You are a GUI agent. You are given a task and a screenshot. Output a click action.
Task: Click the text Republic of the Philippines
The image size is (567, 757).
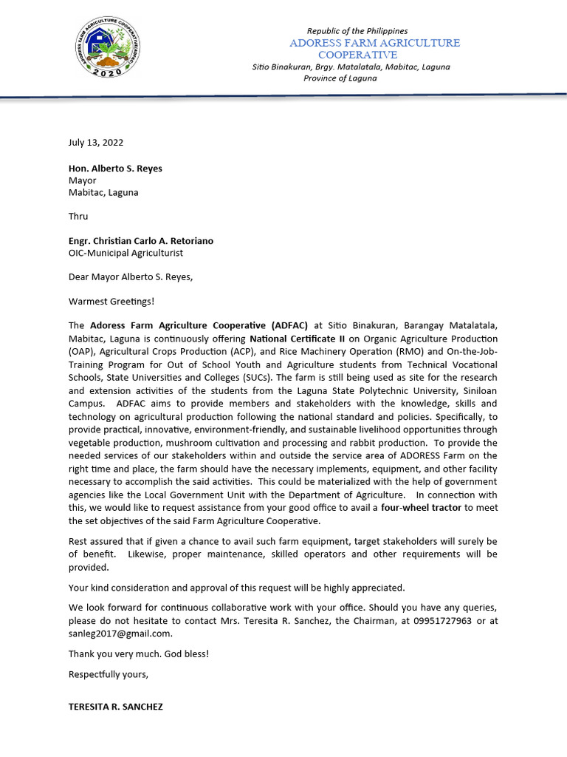click(x=357, y=31)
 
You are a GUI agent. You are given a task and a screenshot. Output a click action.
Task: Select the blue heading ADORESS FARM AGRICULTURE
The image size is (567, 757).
click(x=374, y=43)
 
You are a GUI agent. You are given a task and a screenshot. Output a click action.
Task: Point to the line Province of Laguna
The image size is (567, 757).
click(x=340, y=78)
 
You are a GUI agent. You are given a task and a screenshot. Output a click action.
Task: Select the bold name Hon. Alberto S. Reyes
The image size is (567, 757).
click(x=115, y=169)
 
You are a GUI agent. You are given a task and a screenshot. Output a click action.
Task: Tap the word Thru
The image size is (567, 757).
click(x=78, y=217)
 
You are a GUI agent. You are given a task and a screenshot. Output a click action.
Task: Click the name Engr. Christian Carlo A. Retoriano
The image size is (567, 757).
click(x=141, y=241)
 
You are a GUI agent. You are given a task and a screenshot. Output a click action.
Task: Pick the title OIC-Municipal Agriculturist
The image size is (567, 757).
click(x=126, y=253)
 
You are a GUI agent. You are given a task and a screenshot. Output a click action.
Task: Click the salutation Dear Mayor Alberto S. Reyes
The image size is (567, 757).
click(x=131, y=277)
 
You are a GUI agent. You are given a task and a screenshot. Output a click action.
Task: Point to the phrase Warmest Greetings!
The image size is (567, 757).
click(x=112, y=302)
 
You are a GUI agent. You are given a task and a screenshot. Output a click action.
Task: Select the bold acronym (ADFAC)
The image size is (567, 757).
click(x=290, y=326)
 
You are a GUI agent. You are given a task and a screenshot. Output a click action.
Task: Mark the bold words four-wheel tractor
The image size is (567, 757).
click(x=421, y=507)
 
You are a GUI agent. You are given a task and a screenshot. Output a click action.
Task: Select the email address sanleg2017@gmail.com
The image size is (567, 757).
click(x=120, y=634)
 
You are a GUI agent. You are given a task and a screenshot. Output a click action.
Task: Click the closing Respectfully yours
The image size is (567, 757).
click(x=109, y=674)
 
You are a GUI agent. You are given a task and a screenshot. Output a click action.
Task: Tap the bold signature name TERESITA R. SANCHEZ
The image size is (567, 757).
click(x=116, y=707)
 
